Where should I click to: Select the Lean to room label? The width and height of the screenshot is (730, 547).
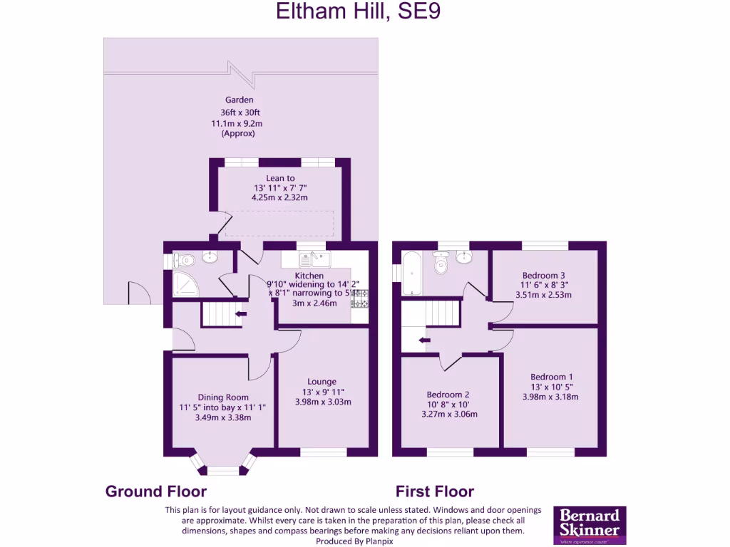point(280,178)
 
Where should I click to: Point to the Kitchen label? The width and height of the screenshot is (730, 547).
point(309,276)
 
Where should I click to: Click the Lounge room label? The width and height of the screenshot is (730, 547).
point(322,381)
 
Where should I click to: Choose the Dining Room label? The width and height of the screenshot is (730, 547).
point(223,397)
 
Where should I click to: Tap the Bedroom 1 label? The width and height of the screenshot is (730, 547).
point(551,377)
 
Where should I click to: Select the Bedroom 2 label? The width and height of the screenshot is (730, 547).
point(448,394)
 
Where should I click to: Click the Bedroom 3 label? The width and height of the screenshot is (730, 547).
point(543,275)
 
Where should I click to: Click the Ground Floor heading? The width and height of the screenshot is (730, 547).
point(156,491)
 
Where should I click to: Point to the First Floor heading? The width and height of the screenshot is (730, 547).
point(435,491)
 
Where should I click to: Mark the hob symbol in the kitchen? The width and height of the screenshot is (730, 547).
point(359,298)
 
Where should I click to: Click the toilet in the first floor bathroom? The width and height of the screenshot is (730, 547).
point(441,265)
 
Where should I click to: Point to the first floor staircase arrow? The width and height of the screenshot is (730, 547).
point(424,340)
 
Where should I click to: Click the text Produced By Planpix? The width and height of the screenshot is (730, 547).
point(354,541)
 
